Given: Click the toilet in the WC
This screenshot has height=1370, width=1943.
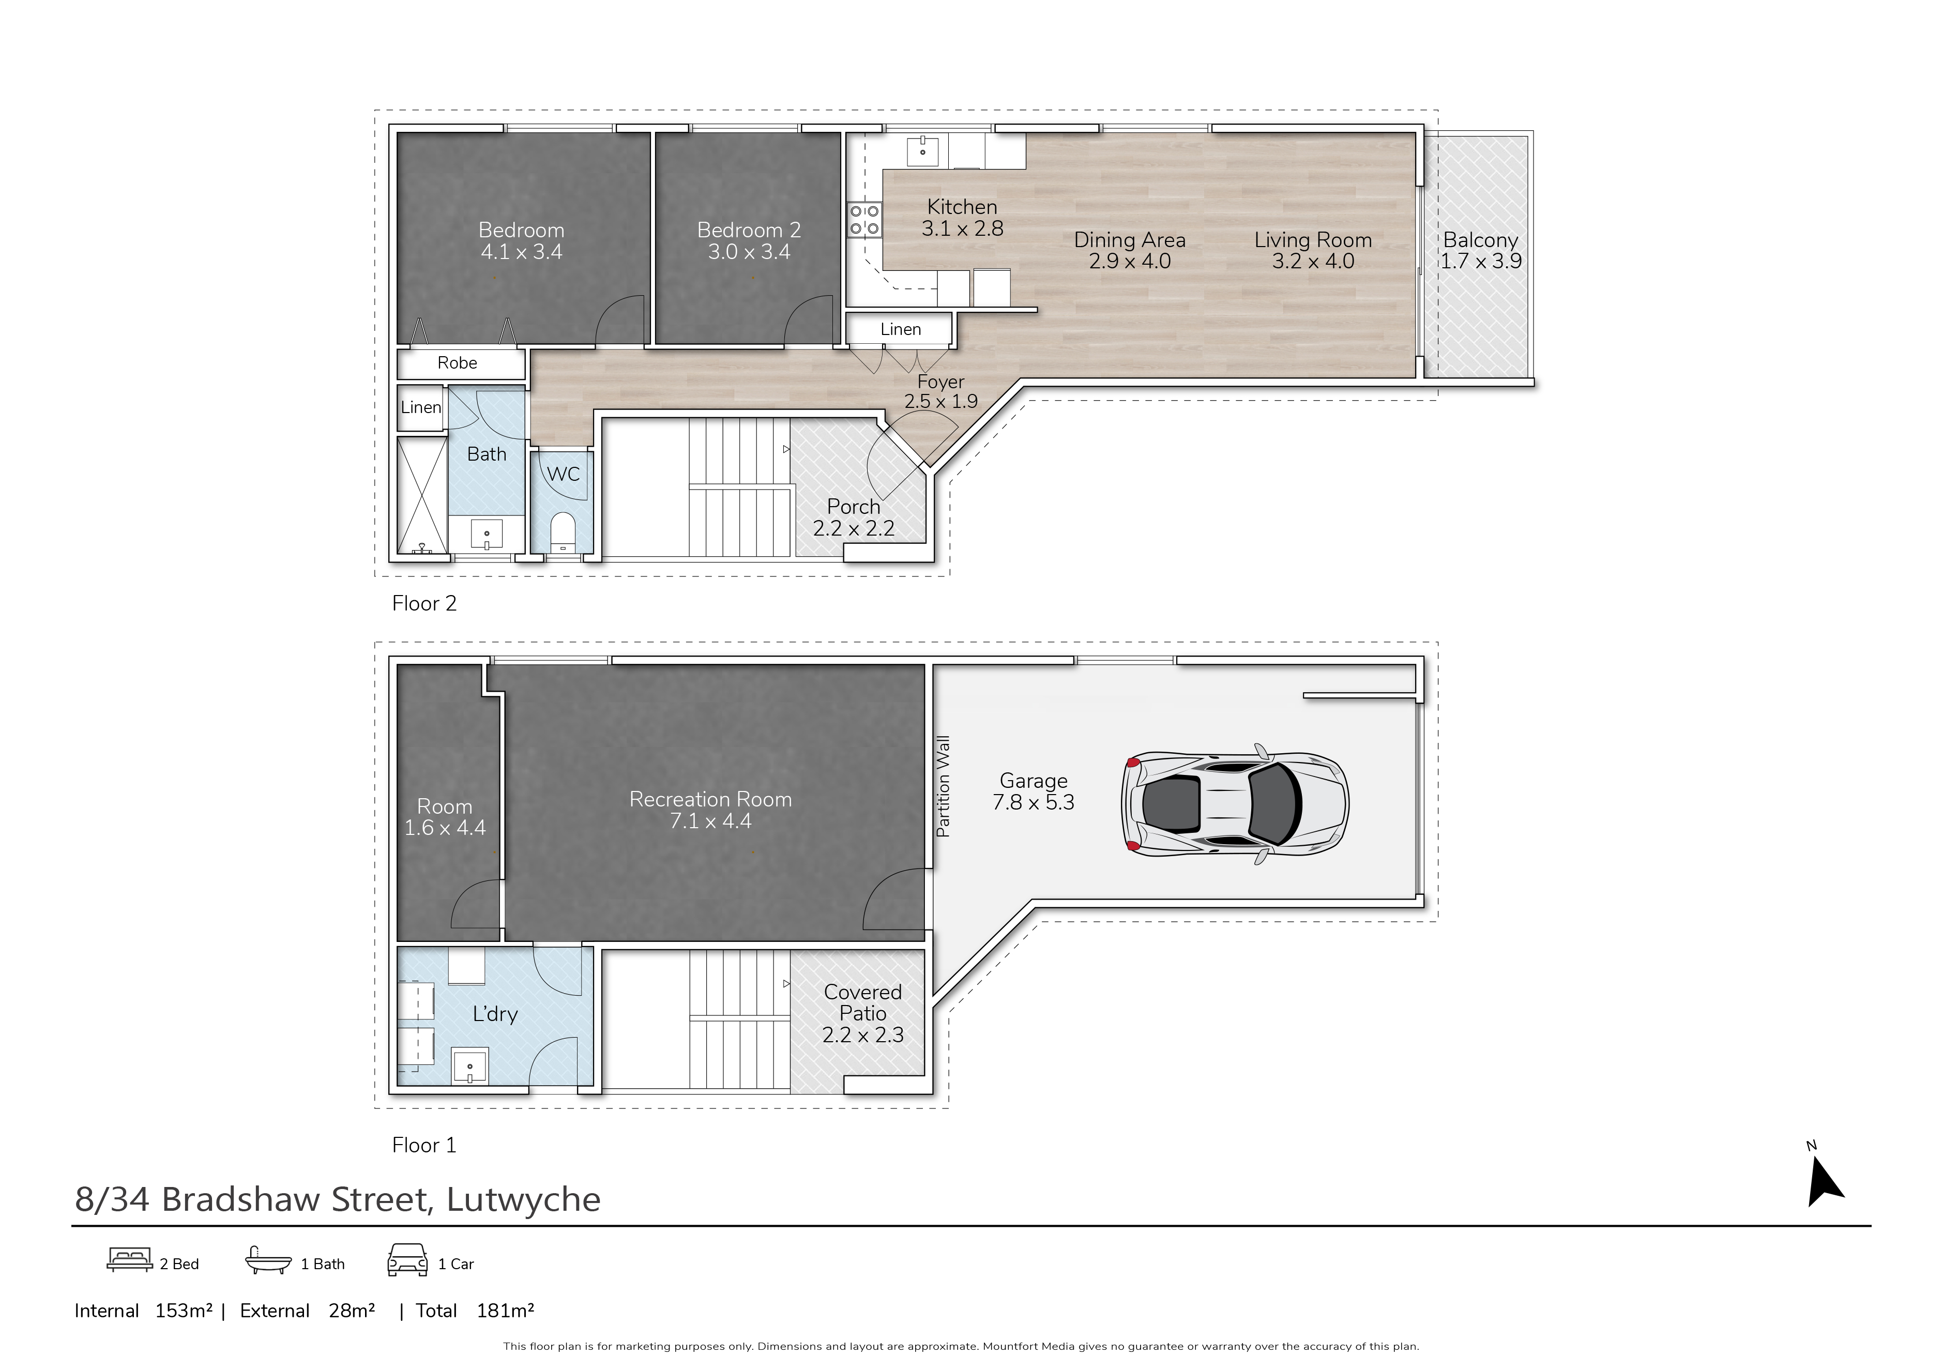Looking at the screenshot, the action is [563, 531].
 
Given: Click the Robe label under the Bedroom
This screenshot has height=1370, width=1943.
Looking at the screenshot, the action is [457, 363].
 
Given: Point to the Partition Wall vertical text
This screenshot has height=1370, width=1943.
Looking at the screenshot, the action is [943, 786].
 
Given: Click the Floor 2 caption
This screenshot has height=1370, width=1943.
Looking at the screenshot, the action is [424, 603].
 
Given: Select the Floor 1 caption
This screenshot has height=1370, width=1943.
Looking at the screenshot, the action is [424, 1145].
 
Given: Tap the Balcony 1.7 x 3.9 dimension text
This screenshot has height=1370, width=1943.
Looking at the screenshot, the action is [1481, 250].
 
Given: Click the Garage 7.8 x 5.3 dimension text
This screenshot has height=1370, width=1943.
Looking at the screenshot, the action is [1033, 791].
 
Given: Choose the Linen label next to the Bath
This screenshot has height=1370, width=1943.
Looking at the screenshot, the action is [420, 407].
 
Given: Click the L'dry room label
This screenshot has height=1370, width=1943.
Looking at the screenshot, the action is [495, 1014].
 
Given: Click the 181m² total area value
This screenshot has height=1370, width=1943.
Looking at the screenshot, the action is [505, 1311].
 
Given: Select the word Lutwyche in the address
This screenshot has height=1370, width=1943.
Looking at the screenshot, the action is [524, 1200].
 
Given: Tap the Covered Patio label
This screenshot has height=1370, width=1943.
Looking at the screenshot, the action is [863, 1003].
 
